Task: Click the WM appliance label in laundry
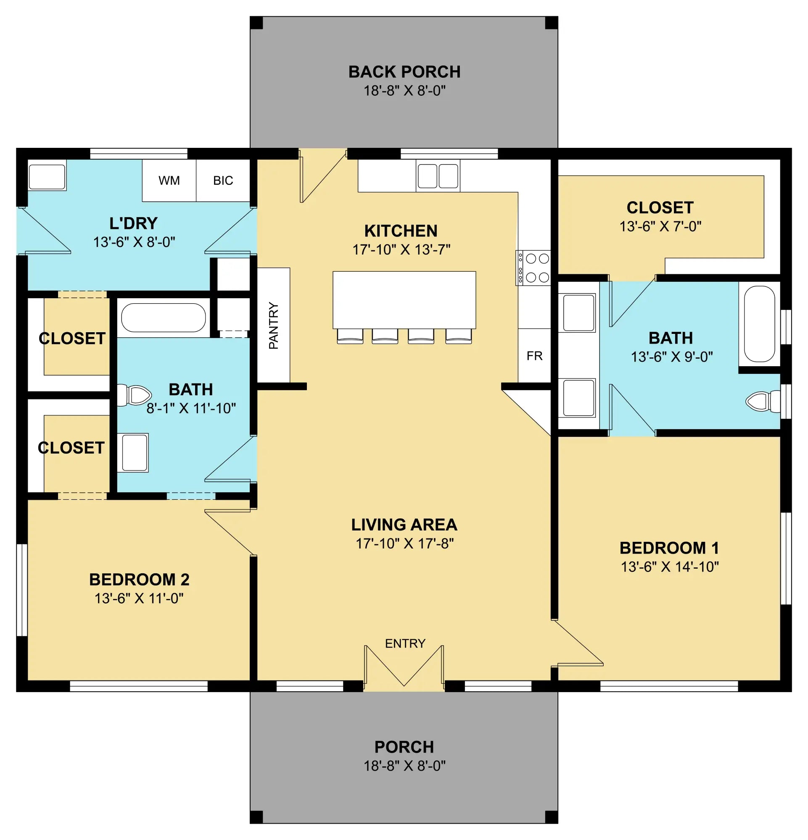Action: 169,181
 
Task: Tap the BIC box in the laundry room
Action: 223,181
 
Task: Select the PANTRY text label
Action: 274,325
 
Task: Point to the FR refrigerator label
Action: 534,356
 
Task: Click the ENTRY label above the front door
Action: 405,643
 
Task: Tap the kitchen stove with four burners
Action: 533,268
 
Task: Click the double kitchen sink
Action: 438,176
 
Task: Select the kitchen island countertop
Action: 404,299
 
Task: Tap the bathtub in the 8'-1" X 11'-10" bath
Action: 164,318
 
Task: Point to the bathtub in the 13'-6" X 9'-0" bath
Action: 759,324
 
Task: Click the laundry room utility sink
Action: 47,176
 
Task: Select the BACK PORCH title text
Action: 404,72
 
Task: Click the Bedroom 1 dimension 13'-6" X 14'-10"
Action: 669,567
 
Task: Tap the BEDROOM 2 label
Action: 140,580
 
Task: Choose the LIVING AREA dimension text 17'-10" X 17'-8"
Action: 404,543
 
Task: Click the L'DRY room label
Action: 133,223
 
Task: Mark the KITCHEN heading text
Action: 401,231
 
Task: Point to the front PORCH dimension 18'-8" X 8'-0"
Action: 404,765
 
